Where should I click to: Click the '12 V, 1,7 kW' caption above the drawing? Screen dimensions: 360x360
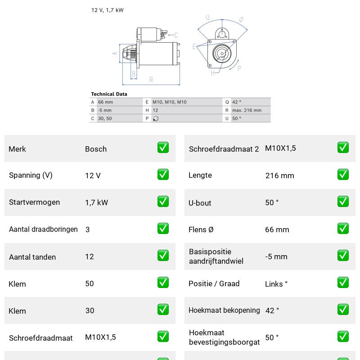108,10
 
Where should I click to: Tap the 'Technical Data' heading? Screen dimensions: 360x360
109,94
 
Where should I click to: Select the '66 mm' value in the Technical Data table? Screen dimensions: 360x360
105,102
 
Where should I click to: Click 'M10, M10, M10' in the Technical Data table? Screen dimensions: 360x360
170,102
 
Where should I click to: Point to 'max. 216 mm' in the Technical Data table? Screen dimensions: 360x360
247,110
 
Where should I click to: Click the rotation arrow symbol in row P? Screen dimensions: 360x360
156,118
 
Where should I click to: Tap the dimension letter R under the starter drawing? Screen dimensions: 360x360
151,80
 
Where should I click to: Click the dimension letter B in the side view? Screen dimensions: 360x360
134,74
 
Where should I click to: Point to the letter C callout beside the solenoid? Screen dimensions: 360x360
176,35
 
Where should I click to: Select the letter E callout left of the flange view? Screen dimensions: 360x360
194,47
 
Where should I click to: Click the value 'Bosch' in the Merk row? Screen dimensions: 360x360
96,149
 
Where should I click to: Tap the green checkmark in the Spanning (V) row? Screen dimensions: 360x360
163,175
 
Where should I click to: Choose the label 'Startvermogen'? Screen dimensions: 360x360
35,202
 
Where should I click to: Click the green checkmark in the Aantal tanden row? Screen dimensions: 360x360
163,256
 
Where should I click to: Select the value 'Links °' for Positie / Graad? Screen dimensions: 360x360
276,284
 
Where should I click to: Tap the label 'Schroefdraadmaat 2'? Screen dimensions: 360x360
224,149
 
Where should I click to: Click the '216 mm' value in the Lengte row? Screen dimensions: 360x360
279,175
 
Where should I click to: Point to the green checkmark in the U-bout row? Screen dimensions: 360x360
343,202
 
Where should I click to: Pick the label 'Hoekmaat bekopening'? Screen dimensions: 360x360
224,310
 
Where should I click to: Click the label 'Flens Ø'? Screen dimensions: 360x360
201,229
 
